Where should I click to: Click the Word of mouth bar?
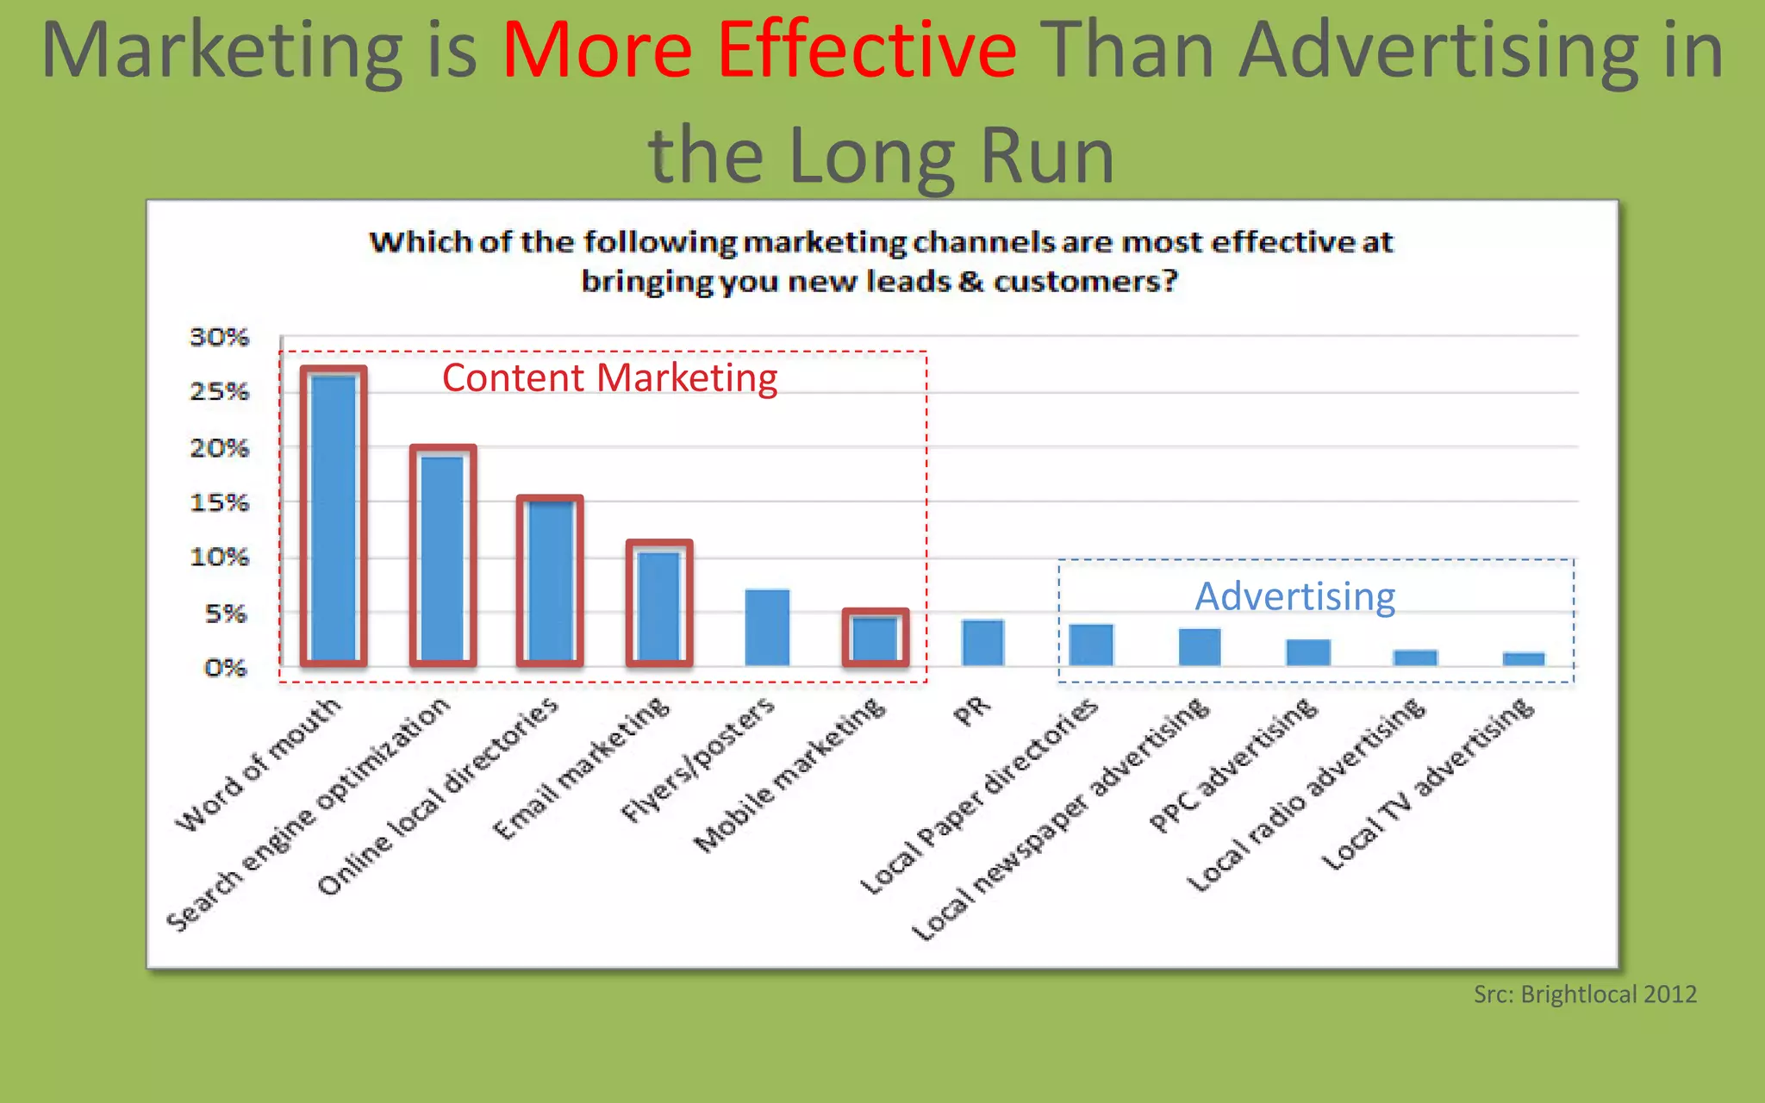[334, 517]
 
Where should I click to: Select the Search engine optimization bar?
[442, 558]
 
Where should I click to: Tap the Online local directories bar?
[550, 582]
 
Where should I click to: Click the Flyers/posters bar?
[767, 627]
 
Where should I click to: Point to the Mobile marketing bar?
[875, 639]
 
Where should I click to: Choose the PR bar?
[982, 642]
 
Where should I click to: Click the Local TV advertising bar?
[1524, 659]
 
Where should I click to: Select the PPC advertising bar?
[1308, 652]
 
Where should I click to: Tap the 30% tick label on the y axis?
[219, 337]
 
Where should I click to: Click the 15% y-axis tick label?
[219, 502]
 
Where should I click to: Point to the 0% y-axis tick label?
[225, 668]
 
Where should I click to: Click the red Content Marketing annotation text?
[609, 378]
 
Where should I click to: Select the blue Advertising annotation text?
[1294, 596]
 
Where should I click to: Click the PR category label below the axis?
[972, 712]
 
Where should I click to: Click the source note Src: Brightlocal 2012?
[1585, 994]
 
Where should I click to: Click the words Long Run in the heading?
[951, 157]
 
